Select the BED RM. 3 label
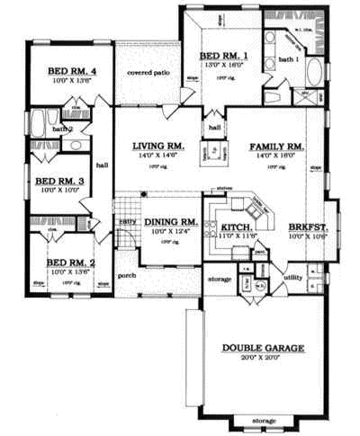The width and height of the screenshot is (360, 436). coord(58,181)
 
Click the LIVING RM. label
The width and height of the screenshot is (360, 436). coord(158,146)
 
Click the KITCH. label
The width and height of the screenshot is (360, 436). coord(236,228)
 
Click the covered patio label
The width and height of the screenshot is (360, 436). coord(148,72)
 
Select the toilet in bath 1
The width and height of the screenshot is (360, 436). coord(303,93)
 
